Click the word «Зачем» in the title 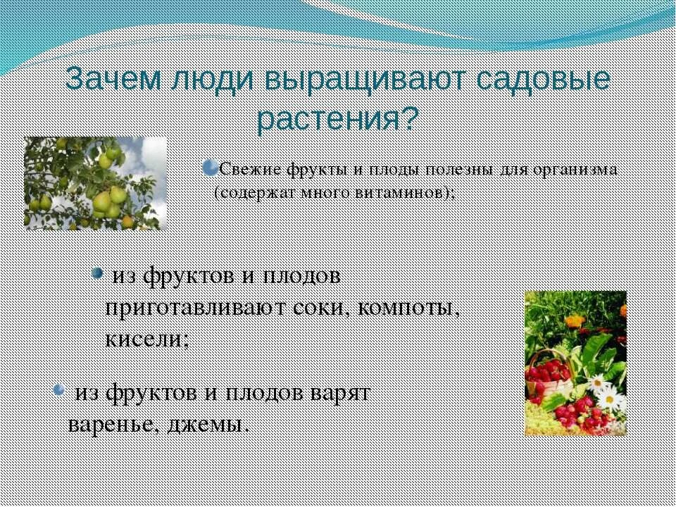(112, 80)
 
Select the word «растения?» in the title (337, 120)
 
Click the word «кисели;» (146, 339)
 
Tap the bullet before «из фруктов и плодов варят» (61, 389)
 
